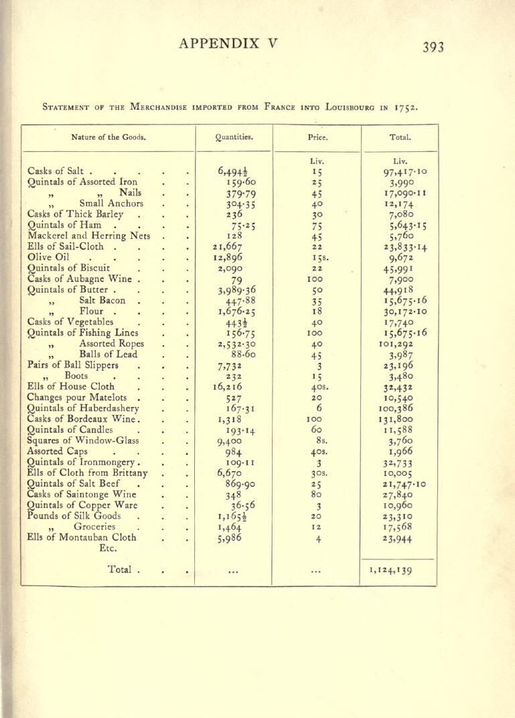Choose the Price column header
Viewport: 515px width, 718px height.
(x=318, y=138)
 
